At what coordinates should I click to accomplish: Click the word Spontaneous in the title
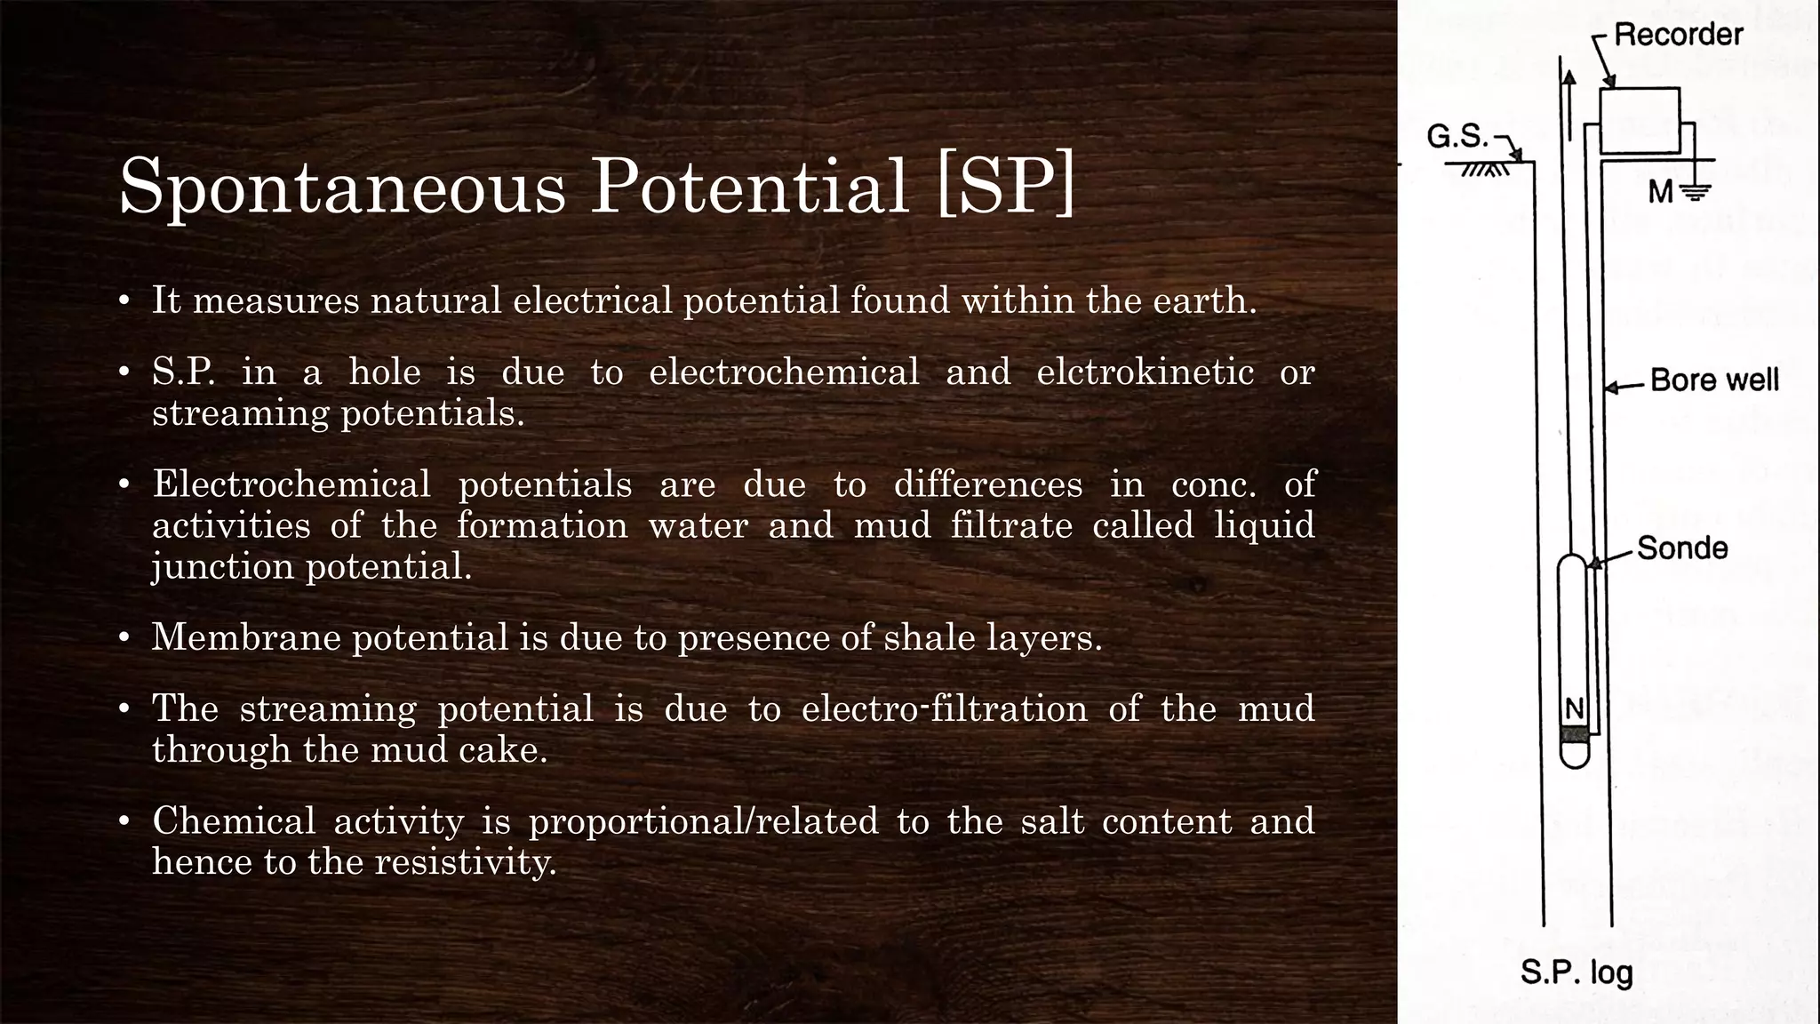tap(342, 187)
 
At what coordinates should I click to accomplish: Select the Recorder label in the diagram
tap(1678, 35)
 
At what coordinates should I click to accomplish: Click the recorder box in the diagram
tap(1640, 120)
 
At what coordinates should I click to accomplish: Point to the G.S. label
tap(1457, 136)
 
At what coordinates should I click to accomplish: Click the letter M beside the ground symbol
tap(1660, 191)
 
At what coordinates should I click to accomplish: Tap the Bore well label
tap(1714, 380)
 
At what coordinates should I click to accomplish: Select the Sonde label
tap(1682, 548)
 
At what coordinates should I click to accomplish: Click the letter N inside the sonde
tap(1574, 708)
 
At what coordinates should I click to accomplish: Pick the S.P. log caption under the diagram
tap(1577, 972)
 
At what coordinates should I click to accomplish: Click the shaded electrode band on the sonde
tap(1574, 734)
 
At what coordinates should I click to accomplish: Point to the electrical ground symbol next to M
tap(1696, 190)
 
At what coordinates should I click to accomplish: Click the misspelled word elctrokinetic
tap(1145, 372)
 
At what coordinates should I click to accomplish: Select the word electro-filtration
tap(944, 708)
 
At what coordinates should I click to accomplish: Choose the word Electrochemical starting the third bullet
tap(291, 484)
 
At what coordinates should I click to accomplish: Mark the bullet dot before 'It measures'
tap(125, 300)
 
